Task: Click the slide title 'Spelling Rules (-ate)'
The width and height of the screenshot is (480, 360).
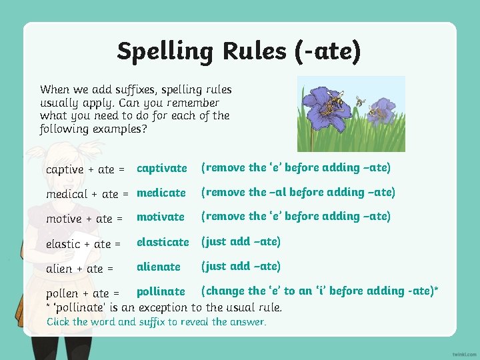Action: click(239, 51)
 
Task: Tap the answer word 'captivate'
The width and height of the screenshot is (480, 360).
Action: click(161, 168)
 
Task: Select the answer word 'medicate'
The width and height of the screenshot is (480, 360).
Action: click(161, 193)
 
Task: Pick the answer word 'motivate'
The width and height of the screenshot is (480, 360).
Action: click(160, 217)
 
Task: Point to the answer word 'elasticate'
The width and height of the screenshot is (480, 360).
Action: click(163, 241)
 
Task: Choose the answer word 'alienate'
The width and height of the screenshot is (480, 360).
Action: click(158, 266)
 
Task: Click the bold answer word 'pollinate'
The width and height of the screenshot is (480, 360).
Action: click(161, 291)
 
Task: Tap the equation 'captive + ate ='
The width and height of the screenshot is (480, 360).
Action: click(85, 169)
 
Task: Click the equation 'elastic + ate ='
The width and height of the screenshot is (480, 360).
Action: click(83, 244)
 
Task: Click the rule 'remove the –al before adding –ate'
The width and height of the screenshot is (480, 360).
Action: click(298, 192)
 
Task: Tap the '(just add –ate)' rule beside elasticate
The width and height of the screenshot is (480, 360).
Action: click(241, 241)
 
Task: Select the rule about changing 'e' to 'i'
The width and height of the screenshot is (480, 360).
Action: click(320, 291)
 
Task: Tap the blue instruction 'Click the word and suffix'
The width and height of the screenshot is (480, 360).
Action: click(156, 322)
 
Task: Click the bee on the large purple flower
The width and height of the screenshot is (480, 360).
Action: click(332, 101)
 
